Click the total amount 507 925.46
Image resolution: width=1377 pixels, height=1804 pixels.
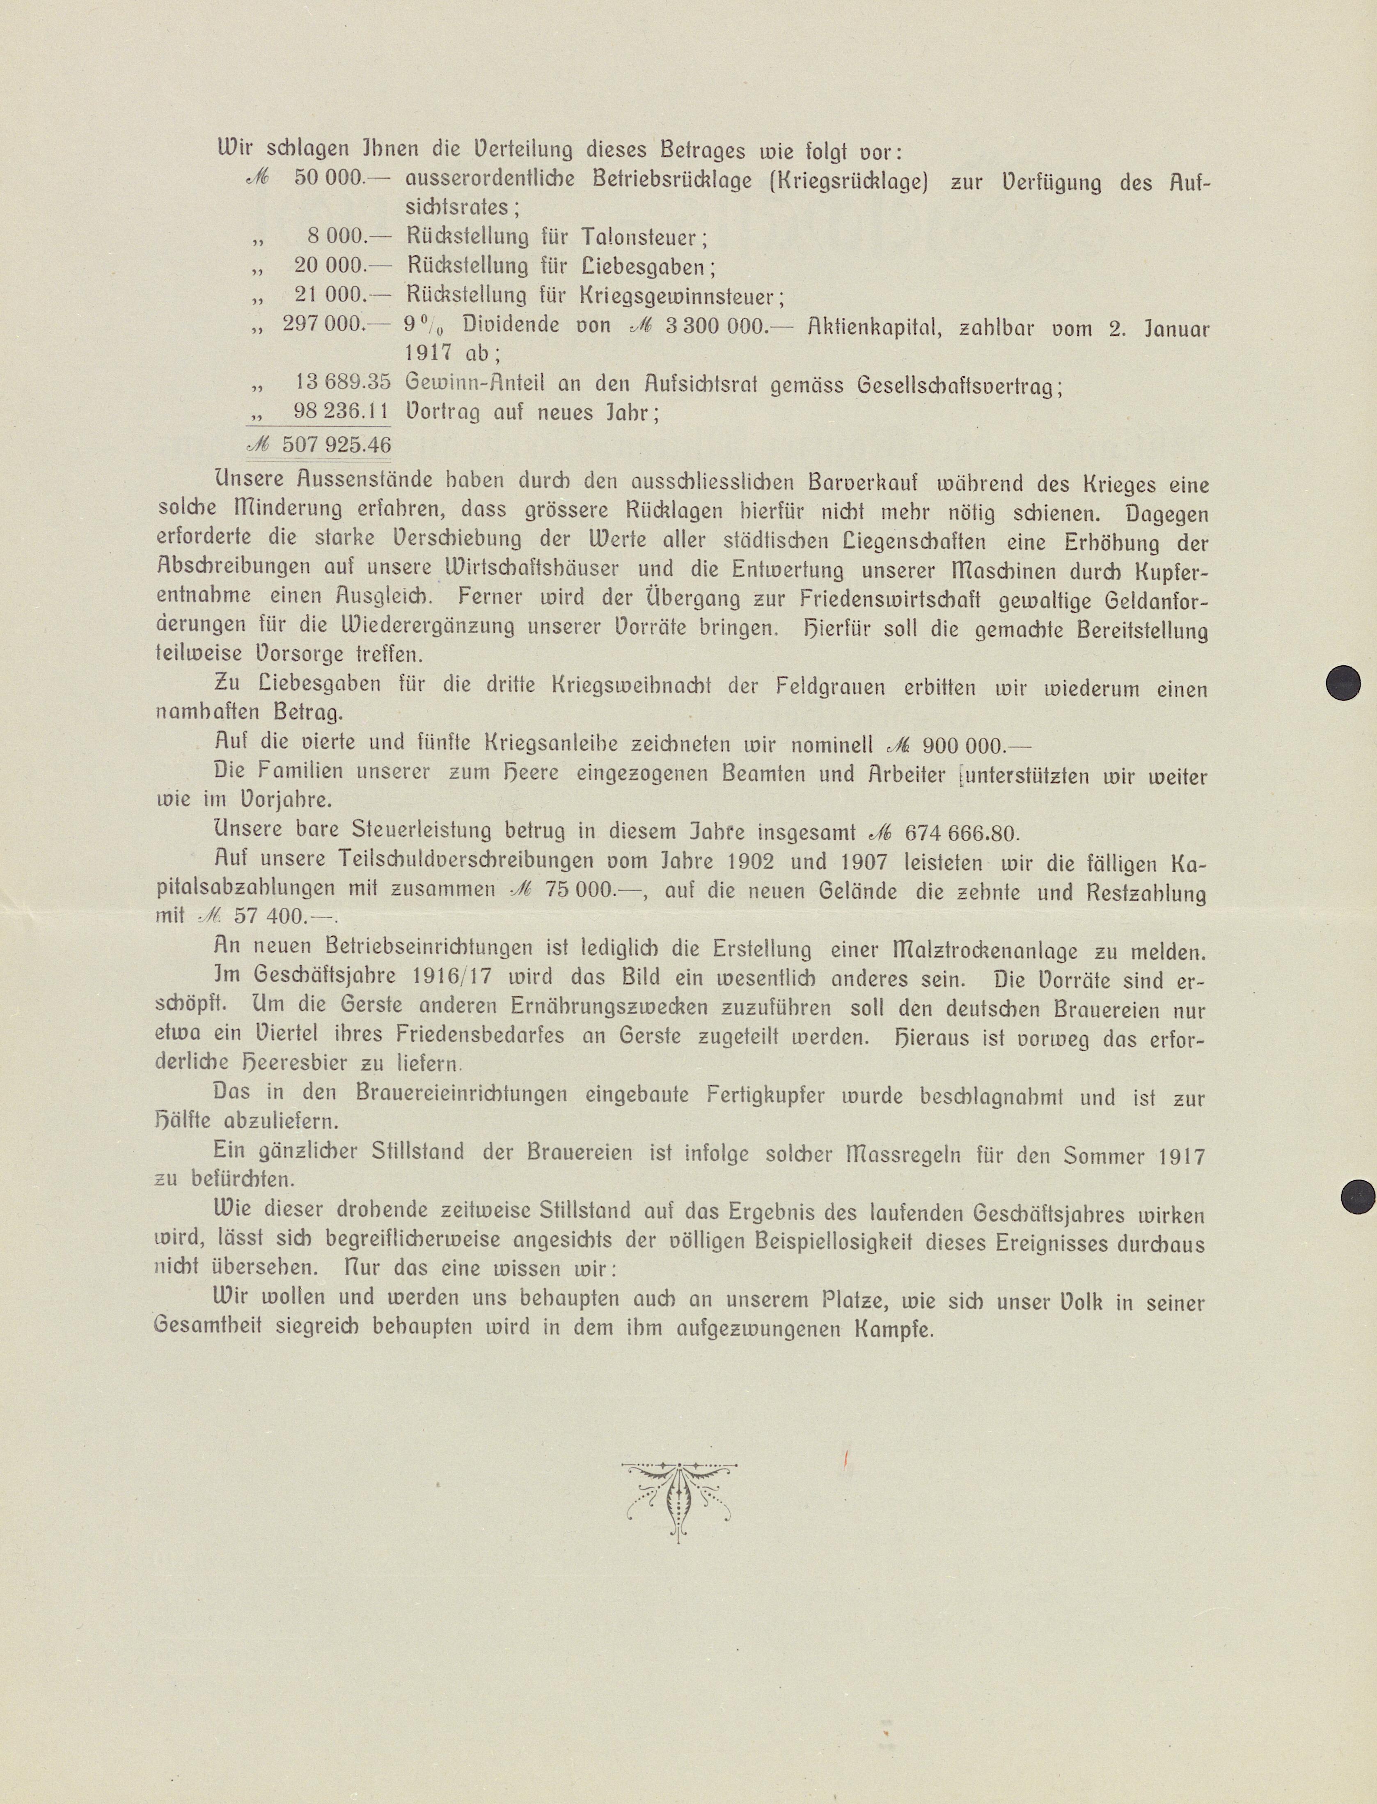click(336, 445)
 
